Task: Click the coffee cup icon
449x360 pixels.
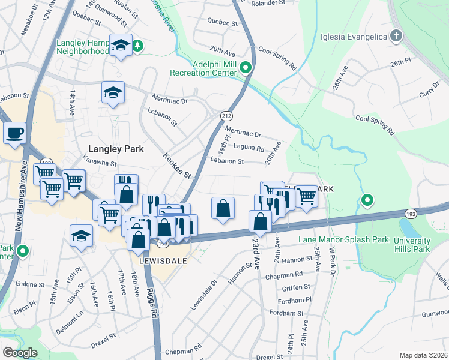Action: click(x=14, y=132)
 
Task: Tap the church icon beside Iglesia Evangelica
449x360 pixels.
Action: click(x=396, y=37)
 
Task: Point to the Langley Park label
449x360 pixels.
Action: click(x=116, y=149)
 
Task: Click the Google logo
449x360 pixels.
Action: click(x=20, y=353)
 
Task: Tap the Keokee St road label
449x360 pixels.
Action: click(x=176, y=166)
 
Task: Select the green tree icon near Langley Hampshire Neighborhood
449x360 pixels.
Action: click(x=138, y=46)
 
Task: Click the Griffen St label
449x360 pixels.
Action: click(x=296, y=287)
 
